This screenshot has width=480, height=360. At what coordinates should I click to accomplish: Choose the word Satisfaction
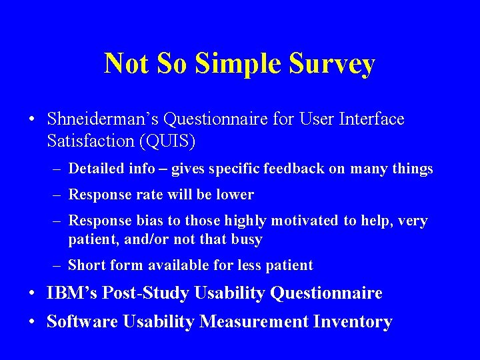coord(91,141)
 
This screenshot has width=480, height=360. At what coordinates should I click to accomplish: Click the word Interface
coord(371,119)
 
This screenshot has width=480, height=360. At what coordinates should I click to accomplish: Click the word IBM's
coord(70,293)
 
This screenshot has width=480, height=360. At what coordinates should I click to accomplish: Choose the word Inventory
coord(352,322)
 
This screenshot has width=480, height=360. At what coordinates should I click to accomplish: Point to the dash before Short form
coord(58,265)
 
